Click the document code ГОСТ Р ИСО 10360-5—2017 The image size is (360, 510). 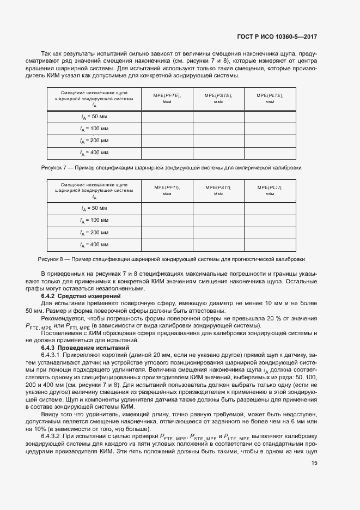coord(277,37)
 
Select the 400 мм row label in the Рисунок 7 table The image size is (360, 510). coord(94,153)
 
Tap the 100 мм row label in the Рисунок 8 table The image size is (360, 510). coord(94,220)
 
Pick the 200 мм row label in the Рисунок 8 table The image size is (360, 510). coord(94,233)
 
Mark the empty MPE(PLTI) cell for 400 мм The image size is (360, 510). coord(270,245)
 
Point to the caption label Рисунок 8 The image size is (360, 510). coord(51,259)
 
